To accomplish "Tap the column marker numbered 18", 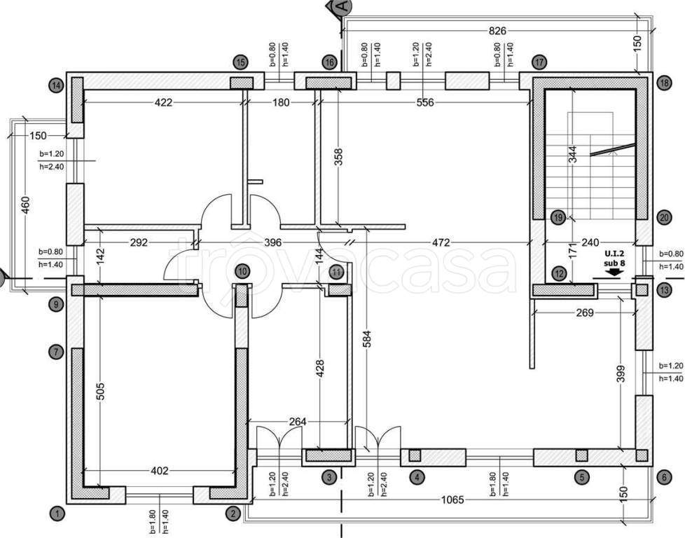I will click(665, 83).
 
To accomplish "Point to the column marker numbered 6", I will click(665, 477).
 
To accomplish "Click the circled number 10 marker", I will click(242, 270).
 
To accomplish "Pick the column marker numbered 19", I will click(558, 217).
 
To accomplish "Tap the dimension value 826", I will click(497, 31).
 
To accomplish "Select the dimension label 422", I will click(163, 102).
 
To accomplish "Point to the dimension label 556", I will click(424, 102).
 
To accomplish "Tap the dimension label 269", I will click(584, 312).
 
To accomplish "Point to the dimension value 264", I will click(297, 422).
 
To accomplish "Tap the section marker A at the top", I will click(342, 7).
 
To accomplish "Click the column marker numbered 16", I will click(329, 62).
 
